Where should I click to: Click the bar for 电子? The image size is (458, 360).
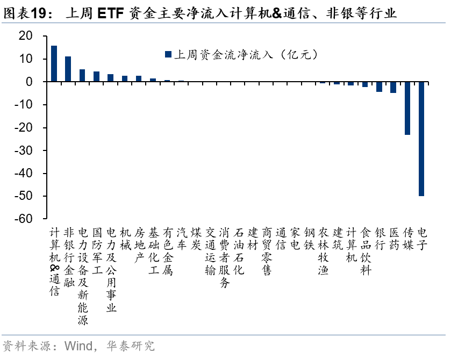pos(421,139)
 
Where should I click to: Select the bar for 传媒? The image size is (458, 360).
pos(407,108)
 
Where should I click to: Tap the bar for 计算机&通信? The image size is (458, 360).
pos(54,63)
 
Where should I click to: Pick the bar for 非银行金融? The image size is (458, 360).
pos(68,69)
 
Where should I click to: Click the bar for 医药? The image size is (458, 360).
pos(393,87)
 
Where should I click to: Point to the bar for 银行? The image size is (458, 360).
pos(380,87)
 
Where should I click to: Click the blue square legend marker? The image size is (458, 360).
pos(168,54)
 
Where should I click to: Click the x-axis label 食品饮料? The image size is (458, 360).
pos(366,251)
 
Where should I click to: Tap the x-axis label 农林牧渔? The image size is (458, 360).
pos(323,251)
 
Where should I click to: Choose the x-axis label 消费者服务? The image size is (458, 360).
pos(224,257)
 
